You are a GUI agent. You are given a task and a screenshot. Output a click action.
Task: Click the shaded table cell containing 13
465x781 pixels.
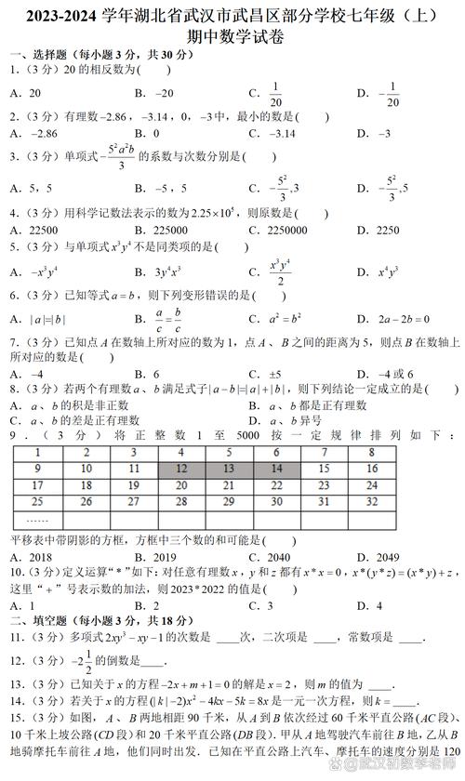click(230, 470)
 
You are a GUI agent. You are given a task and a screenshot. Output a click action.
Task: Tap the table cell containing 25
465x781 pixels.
click(36, 503)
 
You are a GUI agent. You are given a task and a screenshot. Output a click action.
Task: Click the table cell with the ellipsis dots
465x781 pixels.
click(36, 520)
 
